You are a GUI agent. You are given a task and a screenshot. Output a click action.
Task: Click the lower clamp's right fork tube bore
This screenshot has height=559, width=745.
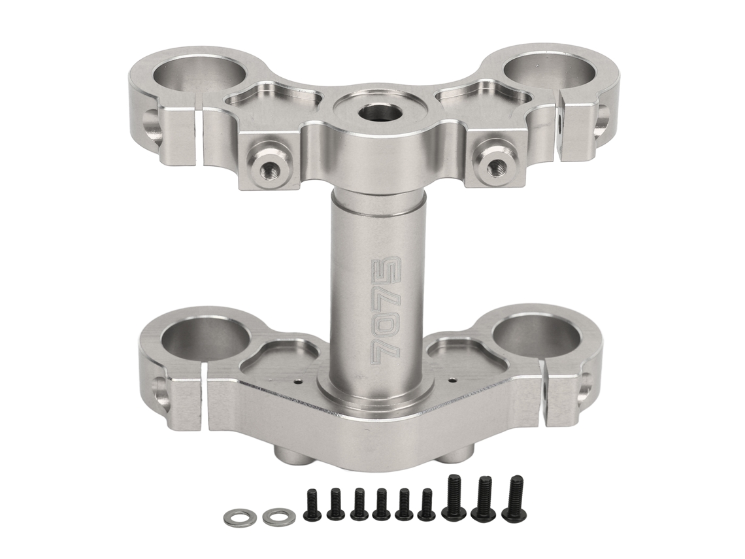click(537, 337)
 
